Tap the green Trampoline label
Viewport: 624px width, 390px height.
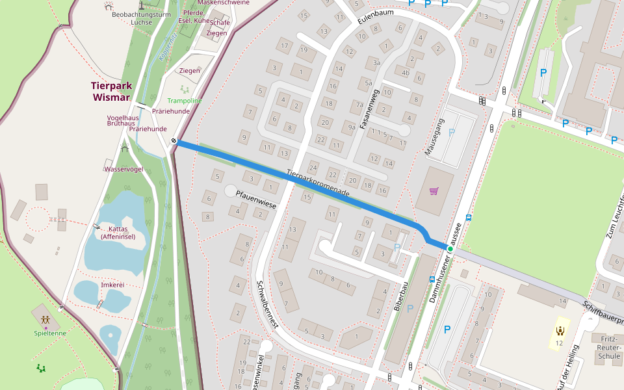[x=185, y=101]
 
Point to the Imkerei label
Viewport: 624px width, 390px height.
[x=112, y=285]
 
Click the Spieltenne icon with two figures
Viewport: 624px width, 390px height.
[x=45, y=320]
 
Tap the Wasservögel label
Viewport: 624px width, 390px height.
[x=123, y=169]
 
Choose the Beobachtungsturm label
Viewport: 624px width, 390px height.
[x=140, y=14]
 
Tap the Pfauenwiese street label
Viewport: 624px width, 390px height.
[x=256, y=200]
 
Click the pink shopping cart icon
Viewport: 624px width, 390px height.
[x=434, y=191]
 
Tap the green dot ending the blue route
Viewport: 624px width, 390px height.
[x=449, y=248]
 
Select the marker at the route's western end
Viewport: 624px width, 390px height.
[x=174, y=140]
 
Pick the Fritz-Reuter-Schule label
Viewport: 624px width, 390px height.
[x=609, y=348]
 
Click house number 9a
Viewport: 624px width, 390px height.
[x=352, y=127]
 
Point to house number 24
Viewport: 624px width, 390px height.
[x=313, y=167]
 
